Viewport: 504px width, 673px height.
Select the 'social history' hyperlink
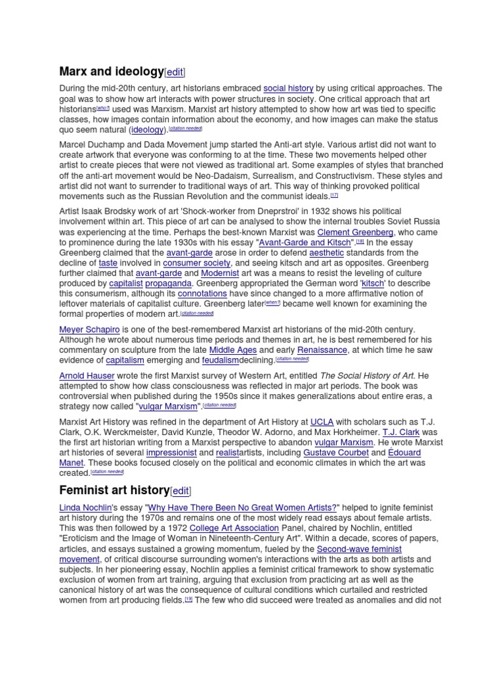tap(288, 88)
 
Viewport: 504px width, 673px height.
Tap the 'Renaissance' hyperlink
tap(322, 350)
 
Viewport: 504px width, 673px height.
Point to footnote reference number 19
tap(188, 601)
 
